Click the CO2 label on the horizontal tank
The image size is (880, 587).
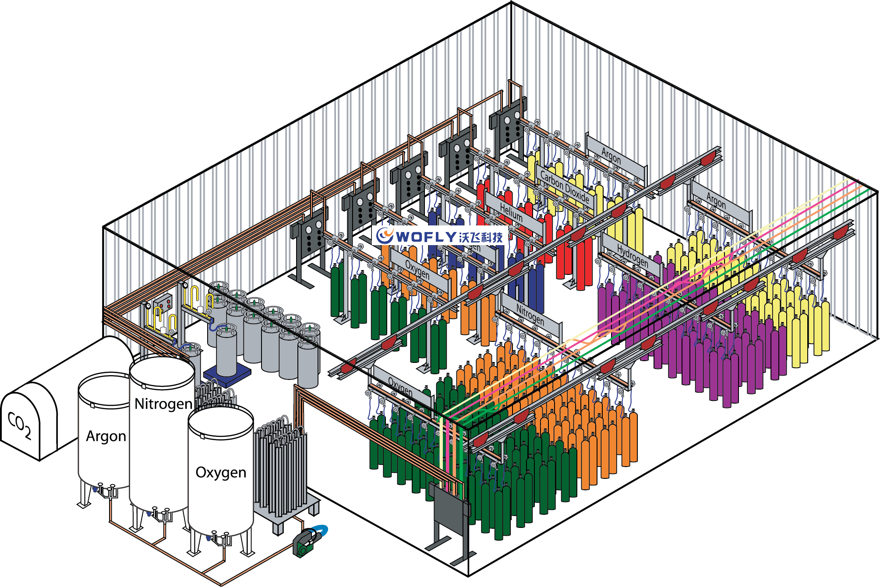20,425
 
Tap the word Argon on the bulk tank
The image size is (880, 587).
106,436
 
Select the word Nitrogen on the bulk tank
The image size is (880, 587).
163,404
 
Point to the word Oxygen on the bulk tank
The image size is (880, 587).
221,473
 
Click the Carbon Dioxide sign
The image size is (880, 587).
565,187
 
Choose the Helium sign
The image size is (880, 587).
511,213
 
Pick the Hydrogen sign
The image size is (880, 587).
632,255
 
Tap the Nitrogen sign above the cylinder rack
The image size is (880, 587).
530,314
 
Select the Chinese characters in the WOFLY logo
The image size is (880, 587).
481,237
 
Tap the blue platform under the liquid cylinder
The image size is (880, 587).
227,375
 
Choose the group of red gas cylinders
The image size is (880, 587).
569,254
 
